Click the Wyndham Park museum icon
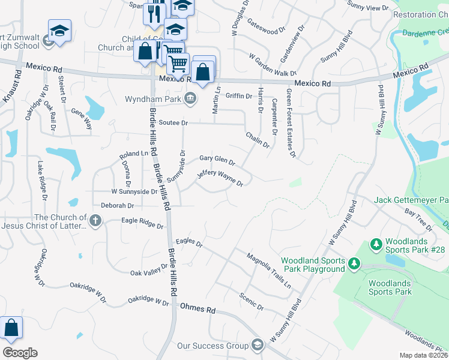(190, 98)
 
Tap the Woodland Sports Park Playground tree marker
(354, 264)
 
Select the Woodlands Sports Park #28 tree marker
(376, 244)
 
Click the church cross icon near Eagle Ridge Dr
(95, 222)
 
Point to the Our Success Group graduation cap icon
(258, 345)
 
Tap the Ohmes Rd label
(197, 309)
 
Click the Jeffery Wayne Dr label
(220, 178)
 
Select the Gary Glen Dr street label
(217, 159)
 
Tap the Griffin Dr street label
(238, 95)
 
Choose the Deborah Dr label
(118, 205)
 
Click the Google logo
(20, 352)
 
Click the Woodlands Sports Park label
(390, 287)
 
